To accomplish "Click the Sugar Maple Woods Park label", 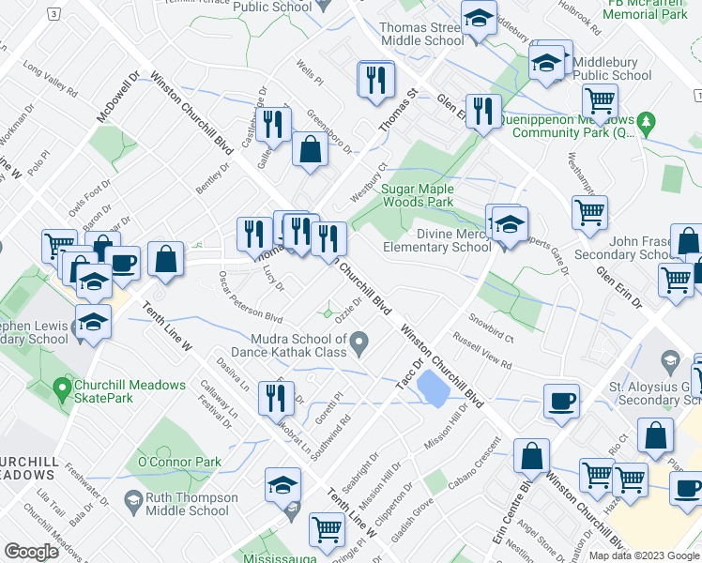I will [x=418, y=195].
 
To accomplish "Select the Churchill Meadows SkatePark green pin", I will [x=63, y=386].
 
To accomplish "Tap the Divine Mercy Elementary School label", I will [x=437, y=240].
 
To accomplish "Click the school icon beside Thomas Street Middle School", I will [x=479, y=19].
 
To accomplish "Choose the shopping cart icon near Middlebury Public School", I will [x=600, y=99].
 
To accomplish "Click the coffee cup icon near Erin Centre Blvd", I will [x=561, y=401].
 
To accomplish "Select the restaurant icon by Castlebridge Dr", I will [x=273, y=123].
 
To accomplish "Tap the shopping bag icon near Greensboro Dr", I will [x=310, y=148].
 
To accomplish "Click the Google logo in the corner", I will [x=31, y=552].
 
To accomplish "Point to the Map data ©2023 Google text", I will [x=643, y=555].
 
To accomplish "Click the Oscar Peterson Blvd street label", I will [x=250, y=298].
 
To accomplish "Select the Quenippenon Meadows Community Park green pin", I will [x=646, y=122].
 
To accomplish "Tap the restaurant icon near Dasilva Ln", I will [x=276, y=400].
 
